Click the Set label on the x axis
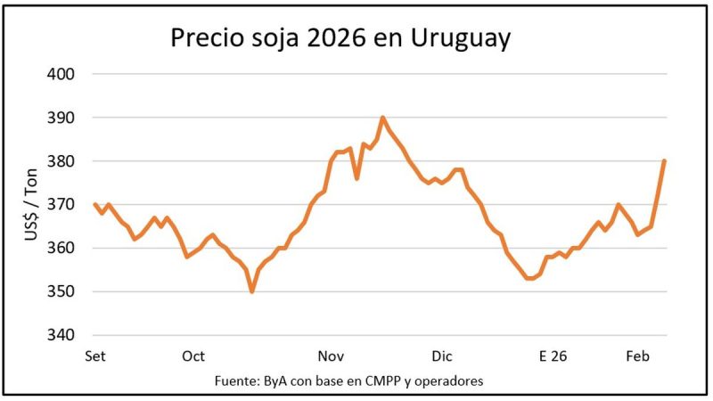(94, 356)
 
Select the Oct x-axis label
(193, 356)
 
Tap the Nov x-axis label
(332, 356)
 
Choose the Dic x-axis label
(442, 356)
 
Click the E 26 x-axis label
(553, 356)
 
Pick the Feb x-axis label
(636, 356)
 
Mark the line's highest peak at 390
(382, 117)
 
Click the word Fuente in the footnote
(237, 381)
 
